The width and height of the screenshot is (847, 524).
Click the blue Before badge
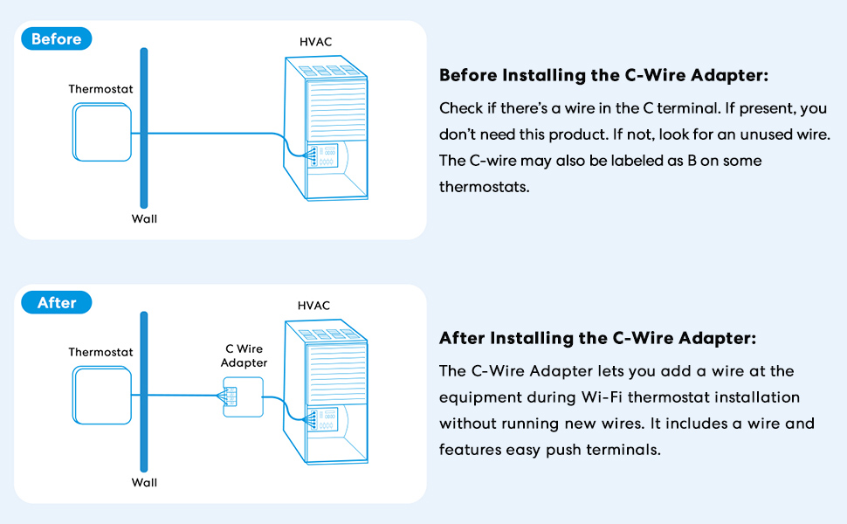pyautogui.click(x=56, y=39)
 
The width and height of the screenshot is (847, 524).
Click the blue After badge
pyautogui.click(x=56, y=303)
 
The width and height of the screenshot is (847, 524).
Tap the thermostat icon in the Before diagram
pyautogui.click(x=101, y=133)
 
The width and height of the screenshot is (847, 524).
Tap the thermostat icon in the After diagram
pyautogui.click(x=101, y=396)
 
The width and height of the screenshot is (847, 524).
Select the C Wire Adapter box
pyautogui.click(x=244, y=396)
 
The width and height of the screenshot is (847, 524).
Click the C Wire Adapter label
pyautogui.click(x=244, y=356)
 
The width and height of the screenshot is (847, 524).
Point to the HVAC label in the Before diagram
pyautogui.click(x=315, y=42)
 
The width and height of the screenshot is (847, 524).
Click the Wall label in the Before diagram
pyautogui.click(x=144, y=218)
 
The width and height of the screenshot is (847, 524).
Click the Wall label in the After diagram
pyautogui.click(x=144, y=482)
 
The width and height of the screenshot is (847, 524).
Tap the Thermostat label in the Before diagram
pyautogui.click(x=100, y=89)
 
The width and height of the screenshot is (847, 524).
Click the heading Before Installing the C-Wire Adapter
pyautogui.click(x=603, y=75)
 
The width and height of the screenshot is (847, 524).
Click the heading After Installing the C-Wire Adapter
pyautogui.click(x=597, y=338)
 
